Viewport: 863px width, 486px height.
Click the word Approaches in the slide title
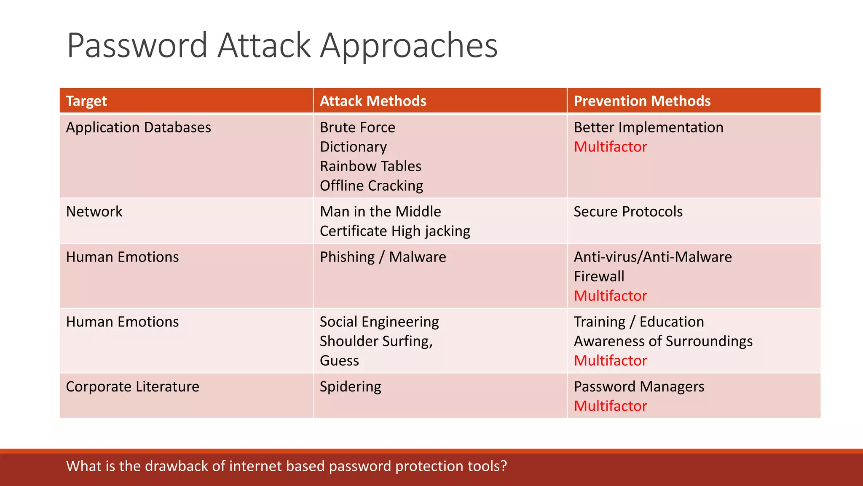(409, 46)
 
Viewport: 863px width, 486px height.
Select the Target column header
(86, 101)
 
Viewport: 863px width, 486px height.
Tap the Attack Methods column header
(373, 101)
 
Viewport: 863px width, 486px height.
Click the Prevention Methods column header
(642, 101)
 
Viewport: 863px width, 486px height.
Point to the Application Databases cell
(138, 127)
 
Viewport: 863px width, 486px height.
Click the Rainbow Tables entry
(370, 166)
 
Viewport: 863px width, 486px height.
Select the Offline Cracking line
(371, 186)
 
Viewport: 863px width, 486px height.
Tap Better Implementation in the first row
(648, 127)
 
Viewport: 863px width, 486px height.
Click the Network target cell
(94, 211)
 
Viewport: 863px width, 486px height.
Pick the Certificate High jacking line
(395, 231)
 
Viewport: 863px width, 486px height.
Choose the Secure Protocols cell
(628, 211)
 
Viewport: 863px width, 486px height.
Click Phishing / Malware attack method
(383, 257)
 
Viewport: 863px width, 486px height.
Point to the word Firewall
(599, 276)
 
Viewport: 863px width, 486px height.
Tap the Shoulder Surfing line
(376, 341)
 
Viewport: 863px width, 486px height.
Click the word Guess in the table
(339, 361)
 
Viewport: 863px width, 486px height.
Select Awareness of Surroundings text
(663, 341)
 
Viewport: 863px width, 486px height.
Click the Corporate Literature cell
(132, 386)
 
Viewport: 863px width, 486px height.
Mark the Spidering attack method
(350, 386)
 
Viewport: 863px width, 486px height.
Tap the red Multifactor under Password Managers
(610, 406)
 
